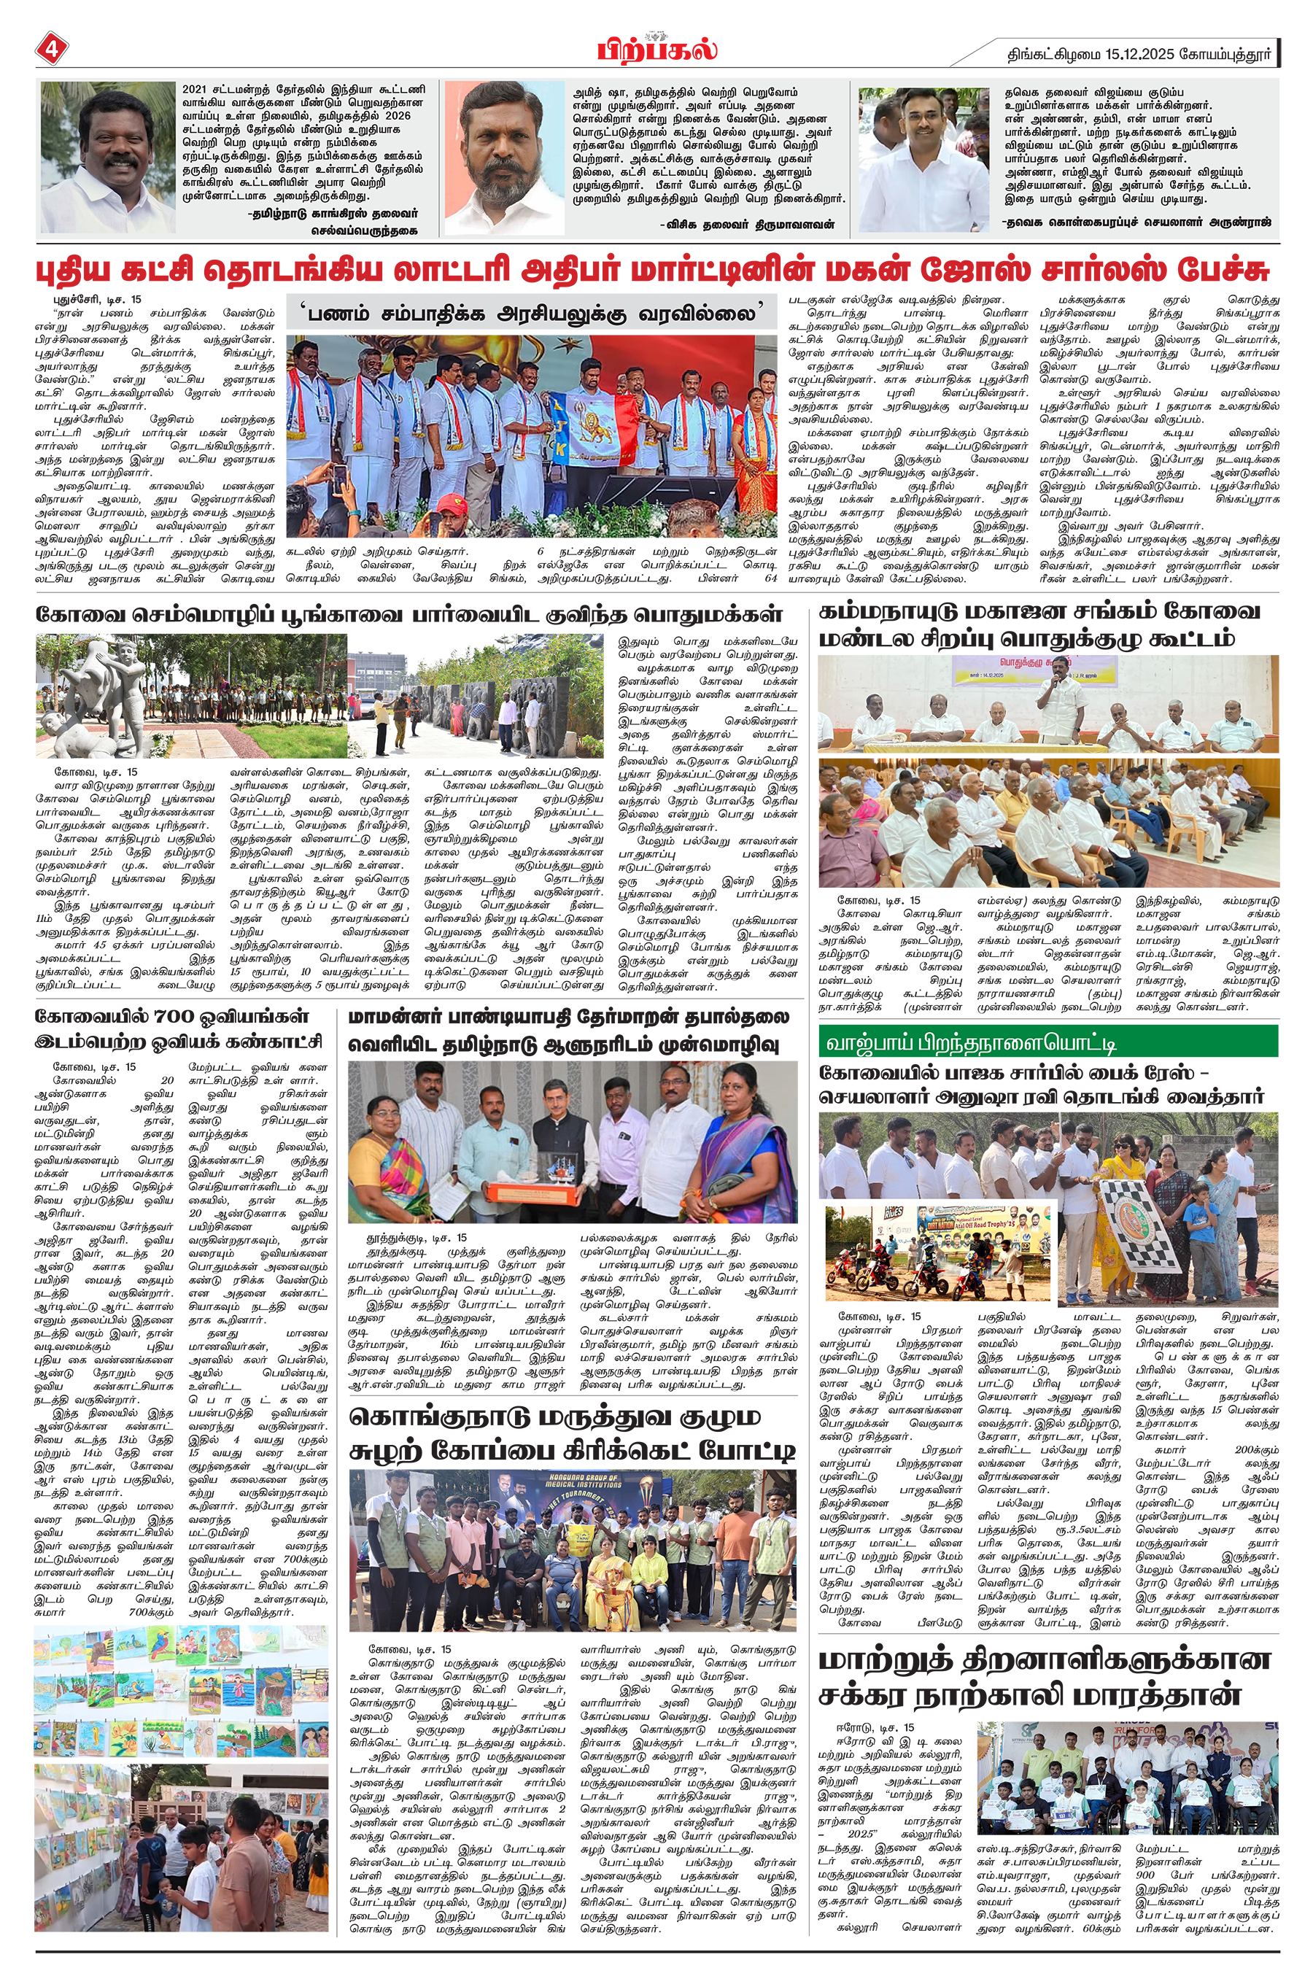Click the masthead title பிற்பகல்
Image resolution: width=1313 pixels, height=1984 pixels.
click(656, 50)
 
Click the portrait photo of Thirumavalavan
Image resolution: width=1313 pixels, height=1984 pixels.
click(504, 158)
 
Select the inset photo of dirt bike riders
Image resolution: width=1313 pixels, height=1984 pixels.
click(940, 1252)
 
